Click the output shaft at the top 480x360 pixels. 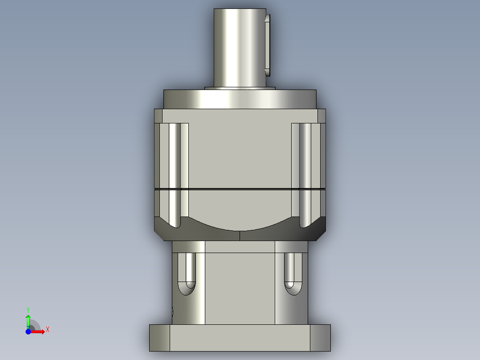[x=240, y=47]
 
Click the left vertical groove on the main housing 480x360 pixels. [x=175, y=174]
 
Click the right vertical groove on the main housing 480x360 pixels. [x=305, y=174]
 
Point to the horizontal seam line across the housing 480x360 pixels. [x=240, y=189]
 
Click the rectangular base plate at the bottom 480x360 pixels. [x=240, y=337]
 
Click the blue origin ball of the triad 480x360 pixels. [x=28, y=332]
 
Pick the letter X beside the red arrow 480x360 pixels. [x=47, y=330]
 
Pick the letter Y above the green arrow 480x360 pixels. [x=28, y=309]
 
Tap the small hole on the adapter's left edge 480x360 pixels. [x=172, y=311]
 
